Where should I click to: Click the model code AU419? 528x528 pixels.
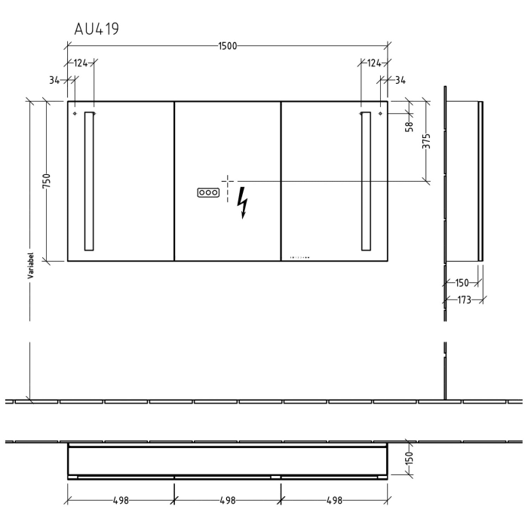[x=97, y=29]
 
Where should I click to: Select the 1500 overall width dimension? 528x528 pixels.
[x=228, y=46]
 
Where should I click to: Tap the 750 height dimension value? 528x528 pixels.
[x=47, y=181]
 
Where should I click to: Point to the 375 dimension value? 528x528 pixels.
[x=426, y=141]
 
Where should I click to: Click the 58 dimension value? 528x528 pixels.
[x=409, y=126]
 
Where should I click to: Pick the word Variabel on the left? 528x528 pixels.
[x=31, y=266]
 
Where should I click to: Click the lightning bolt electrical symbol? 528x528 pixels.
[x=242, y=203]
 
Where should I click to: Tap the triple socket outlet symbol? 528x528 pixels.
[x=208, y=192]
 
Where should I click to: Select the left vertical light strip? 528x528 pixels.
[x=89, y=181]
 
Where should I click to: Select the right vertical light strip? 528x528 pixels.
[x=366, y=181]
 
